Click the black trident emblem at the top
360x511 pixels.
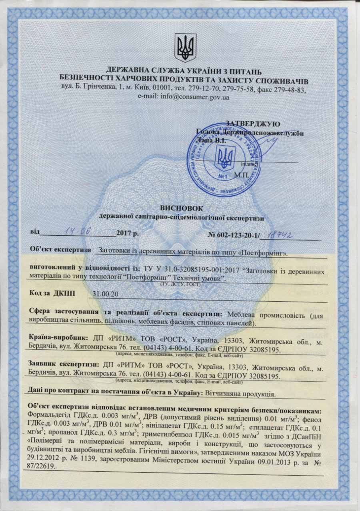(x=185, y=48)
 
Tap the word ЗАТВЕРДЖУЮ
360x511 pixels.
(x=253, y=124)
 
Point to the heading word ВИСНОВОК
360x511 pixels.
(x=181, y=208)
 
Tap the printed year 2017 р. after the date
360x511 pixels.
(x=127, y=233)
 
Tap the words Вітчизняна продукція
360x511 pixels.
(x=240, y=393)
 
